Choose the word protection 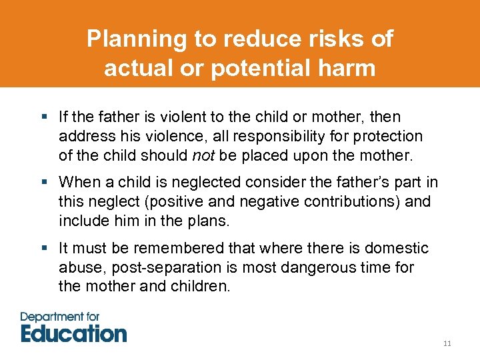click(x=391, y=136)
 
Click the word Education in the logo click(x=73, y=332)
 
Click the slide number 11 click(x=447, y=343)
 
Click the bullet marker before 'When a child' click(x=45, y=183)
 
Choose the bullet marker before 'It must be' click(x=45, y=248)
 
